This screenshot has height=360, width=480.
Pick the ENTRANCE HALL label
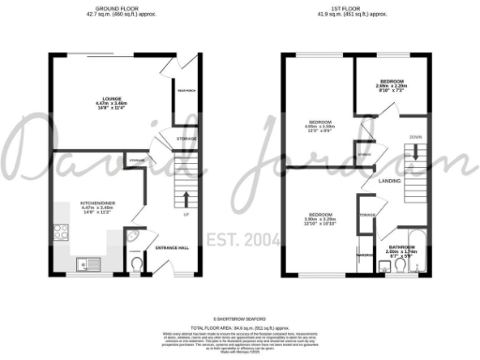click(172, 247)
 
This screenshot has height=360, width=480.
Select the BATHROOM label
click(399, 247)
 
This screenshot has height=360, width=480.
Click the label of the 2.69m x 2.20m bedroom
click(392, 85)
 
